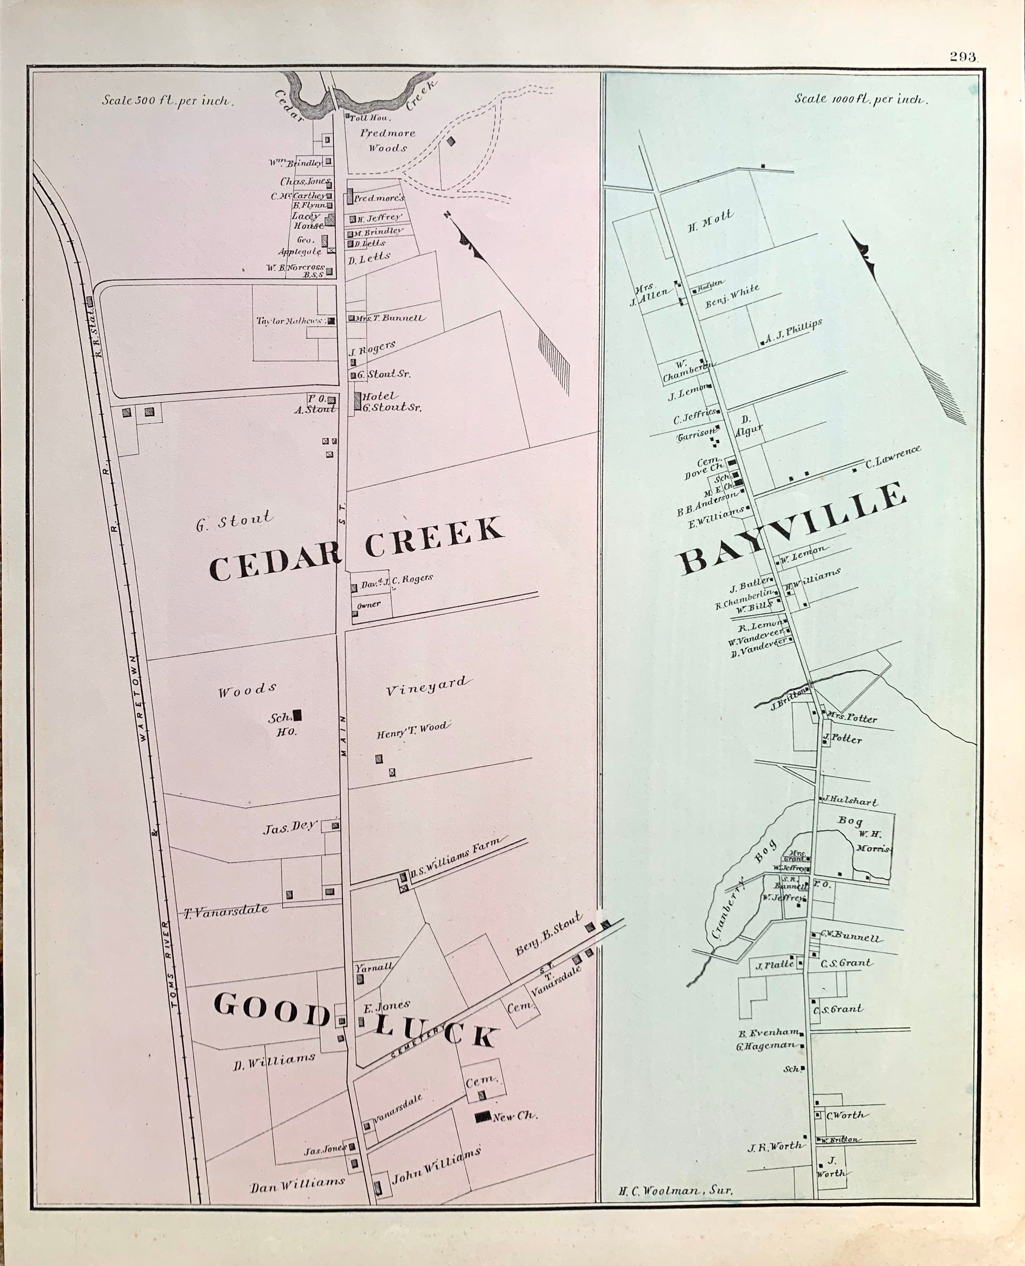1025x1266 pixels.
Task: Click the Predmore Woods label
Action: (x=387, y=141)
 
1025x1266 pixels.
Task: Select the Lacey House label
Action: (x=307, y=220)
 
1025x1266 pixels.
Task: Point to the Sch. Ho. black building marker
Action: (x=297, y=715)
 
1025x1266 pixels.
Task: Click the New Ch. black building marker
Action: (x=483, y=1116)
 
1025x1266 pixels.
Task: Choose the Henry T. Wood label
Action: (x=413, y=730)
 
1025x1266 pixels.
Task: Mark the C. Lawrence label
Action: (x=893, y=458)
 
